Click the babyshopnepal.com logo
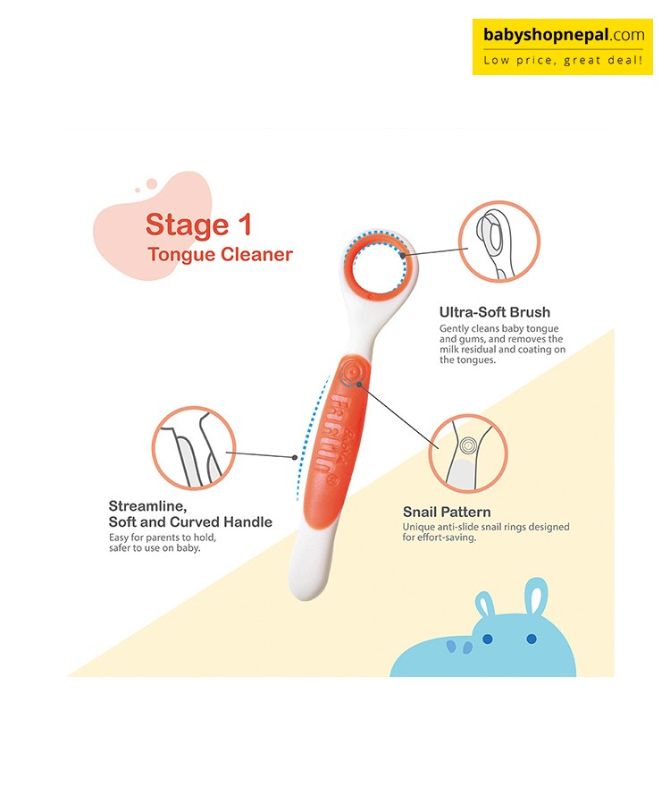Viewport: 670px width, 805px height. coord(562,47)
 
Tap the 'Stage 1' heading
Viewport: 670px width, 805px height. coord(198,225)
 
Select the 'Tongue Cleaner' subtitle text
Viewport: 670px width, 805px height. coord(220,254)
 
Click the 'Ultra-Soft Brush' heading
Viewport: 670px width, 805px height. coord(494,312)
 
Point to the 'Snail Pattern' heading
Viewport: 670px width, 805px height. coord(447,512)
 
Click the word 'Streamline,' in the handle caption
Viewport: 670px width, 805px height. coord(147,507)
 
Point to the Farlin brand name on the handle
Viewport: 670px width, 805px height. coord(328,433)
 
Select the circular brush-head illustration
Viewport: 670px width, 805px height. coord(498,241)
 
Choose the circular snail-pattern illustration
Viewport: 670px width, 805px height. coord(467,453)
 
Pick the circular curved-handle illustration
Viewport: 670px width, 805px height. coord(194,448)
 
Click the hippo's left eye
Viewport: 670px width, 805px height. coord(487,639)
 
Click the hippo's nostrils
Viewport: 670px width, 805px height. coord(459,647)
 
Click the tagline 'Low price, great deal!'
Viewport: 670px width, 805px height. coord(562,61)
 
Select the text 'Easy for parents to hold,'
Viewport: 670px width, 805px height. coord(163,538)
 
